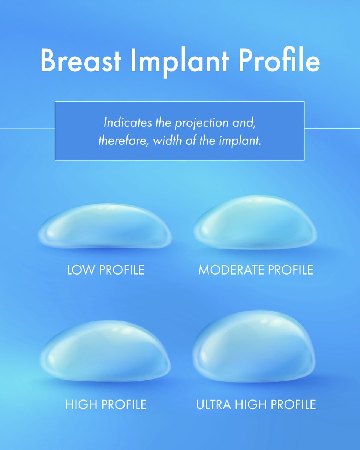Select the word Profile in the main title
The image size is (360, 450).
(279, 60)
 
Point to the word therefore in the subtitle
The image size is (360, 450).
(123, 141)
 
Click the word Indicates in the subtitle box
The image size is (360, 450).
(127, 122)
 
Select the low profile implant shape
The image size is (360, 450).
(105, 226)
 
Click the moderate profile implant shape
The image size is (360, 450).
(256, 222)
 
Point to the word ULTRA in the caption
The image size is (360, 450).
(214, 404)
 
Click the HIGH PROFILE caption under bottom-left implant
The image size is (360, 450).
(106, 404)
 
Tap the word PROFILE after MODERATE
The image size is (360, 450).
(291, 270)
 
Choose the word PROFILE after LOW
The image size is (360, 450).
(122, 270)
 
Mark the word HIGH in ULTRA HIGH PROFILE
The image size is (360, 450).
(251, 404)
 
